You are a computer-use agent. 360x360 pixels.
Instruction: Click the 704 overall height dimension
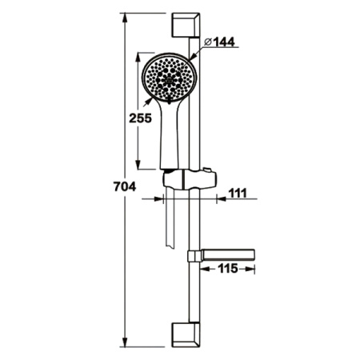125,186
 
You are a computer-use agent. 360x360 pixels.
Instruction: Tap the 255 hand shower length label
140,118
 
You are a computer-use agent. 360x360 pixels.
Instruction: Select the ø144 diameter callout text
219,42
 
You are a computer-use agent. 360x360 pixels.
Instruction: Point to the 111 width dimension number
238,193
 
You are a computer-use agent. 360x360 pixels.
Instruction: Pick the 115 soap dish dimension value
228,268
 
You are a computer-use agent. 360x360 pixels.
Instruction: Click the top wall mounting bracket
186,25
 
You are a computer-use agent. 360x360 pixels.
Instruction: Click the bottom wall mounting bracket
186,334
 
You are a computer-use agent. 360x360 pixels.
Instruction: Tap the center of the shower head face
169,79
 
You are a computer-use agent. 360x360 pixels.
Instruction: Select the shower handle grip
170,136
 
